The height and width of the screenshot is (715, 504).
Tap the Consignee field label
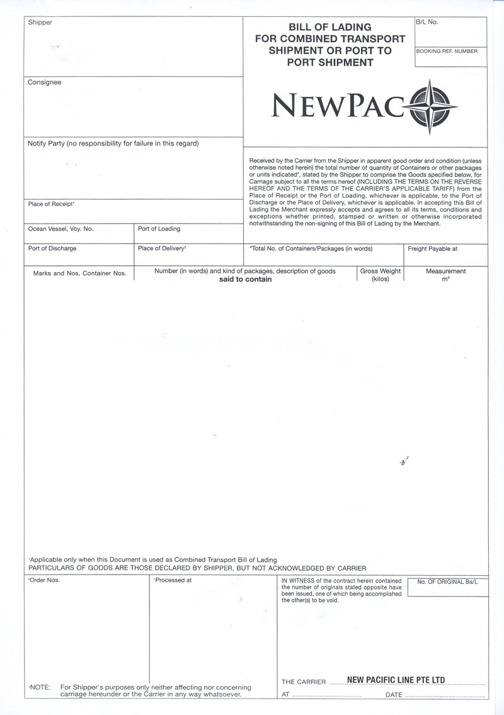tap(44, 83)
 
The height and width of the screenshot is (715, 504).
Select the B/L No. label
tap(427, 22)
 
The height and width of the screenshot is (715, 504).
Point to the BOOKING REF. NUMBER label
tap(447, 51)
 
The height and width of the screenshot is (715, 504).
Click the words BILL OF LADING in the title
tap(329, 28)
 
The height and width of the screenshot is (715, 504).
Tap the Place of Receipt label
tap(51, 203)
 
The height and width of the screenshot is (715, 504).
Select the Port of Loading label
tap(159, 229)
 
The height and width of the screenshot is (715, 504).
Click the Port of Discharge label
tap(52, 248)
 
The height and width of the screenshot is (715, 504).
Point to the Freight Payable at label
tap(433, 248)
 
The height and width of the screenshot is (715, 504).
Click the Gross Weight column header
tap(380, 272)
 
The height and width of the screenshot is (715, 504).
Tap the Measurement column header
tap(445, 272)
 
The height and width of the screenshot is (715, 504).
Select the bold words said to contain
tap(245, 279)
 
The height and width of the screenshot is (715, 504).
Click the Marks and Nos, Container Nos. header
tap(79, 273)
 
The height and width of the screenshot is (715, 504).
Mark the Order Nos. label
tap(44, 580)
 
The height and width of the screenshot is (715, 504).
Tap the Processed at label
tap(173, 580)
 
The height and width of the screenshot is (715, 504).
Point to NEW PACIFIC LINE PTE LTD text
tap(396, 680)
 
